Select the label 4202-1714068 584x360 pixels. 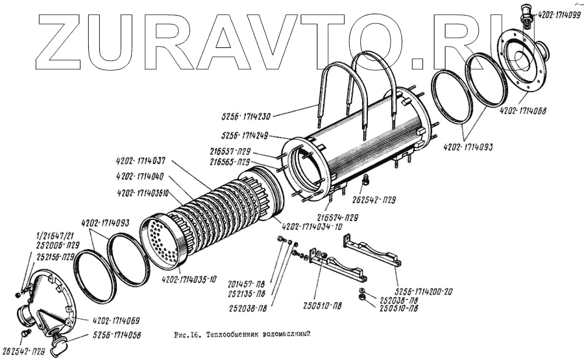[x=522, y=110]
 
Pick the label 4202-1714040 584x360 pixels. [x=141, y=177]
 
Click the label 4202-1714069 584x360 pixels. [x=116, y=321]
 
